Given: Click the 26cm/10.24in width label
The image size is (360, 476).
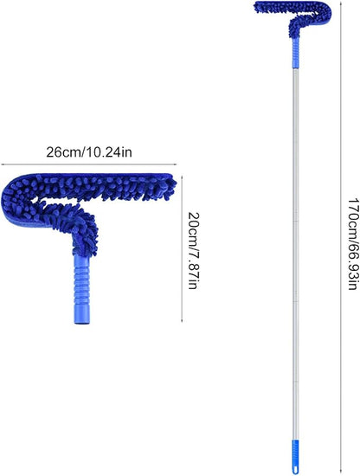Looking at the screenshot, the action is pyautogui.click(x=89, y=152).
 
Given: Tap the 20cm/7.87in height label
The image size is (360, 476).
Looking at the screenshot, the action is pyautogui.click(x=194, y=250).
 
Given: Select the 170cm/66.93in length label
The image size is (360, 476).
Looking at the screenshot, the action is pyautogui.click(x=353, y=244).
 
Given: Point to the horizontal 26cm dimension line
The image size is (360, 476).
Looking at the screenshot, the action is pyautogui.click(x=89, y=164).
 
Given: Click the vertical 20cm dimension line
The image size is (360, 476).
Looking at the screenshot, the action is pyautogui.click(x=182, y=248).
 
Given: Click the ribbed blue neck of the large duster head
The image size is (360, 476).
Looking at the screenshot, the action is pyautogui.click(x=82, y=280).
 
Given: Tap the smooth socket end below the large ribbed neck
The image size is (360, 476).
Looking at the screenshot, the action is pyautogui.click(x=82, y=314).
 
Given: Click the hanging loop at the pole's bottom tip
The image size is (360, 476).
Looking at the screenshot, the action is pyautogui.click(x=295, y=470).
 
